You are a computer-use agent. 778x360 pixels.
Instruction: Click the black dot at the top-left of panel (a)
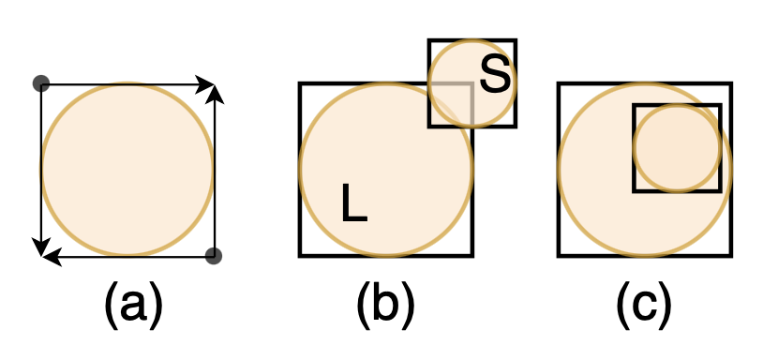click(40, 83)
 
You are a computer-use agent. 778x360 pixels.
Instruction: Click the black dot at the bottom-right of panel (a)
click(214, 255)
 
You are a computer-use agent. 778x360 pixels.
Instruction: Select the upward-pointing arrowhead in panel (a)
click(216, 92)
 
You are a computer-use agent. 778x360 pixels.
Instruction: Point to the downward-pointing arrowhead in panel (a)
click(40, 247)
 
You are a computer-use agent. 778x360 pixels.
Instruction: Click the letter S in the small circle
click(495, 76)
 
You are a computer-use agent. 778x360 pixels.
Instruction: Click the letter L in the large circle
click(353, 203)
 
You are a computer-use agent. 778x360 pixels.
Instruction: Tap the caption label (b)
click(385, 304)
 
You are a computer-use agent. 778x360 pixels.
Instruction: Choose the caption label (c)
click(644, 304)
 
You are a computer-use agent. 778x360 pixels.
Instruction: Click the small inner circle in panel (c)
click(677, 148)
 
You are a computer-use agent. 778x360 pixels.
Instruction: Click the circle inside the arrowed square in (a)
click(127, 169)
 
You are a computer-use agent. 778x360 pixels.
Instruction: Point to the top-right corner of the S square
click(515, 40)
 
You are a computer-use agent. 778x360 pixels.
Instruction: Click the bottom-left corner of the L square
click(301, 255)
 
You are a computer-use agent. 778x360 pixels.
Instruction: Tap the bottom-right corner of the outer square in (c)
click(731, 255)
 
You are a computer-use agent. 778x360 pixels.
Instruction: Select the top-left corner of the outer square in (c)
click(559, 84)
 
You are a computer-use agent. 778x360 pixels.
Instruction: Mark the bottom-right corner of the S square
click(515, 126)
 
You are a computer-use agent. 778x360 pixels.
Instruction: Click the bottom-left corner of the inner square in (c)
click(635, 191)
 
